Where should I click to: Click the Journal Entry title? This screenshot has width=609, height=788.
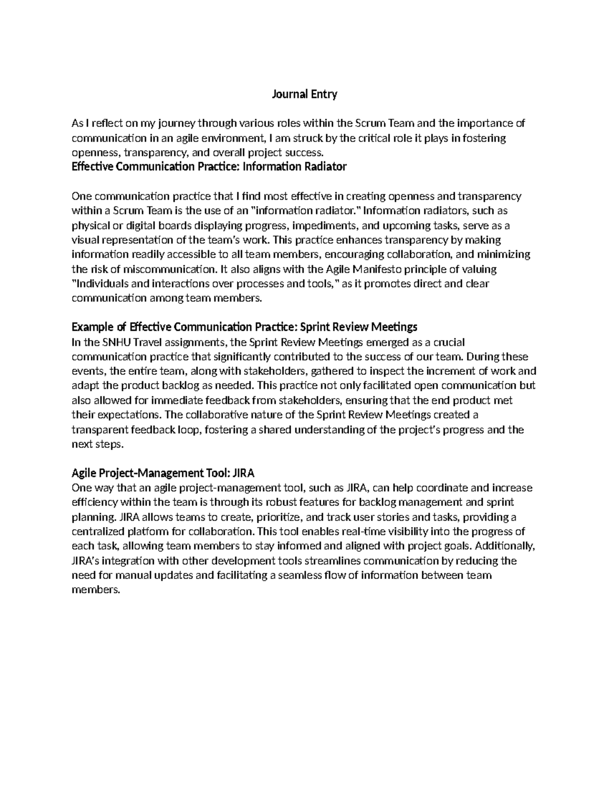pos(304,94)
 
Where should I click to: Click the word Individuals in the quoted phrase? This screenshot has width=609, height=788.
pos(100,284)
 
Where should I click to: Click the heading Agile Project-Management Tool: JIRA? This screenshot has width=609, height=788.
pos(163,473)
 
